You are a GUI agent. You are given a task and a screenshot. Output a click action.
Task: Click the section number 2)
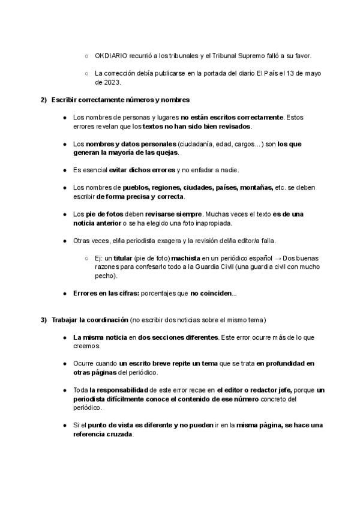coord(43,99)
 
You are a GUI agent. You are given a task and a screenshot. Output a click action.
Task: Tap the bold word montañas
coord(256,187)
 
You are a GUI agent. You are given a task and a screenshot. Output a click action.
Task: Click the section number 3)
coord(43,319)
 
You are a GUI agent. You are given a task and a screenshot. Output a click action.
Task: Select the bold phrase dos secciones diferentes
coord(178,337)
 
